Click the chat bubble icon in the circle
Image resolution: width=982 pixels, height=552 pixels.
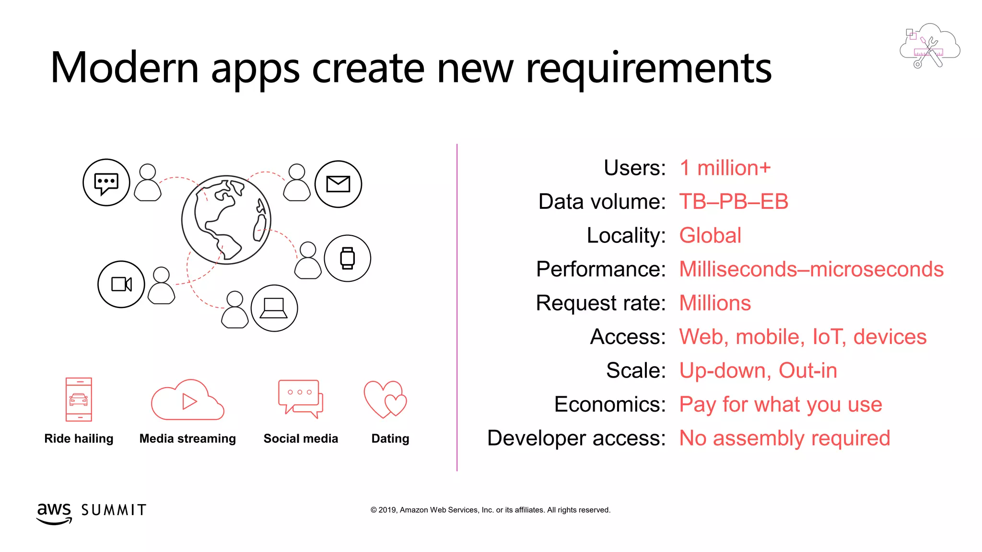pyautogui.click(x=106, y=183)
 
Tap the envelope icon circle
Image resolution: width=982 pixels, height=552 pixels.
pyautogui.click(x=338, y=184)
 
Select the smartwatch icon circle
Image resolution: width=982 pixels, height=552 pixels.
pyautogui.click(x=347, y=258)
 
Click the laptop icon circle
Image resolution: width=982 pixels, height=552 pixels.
pyautogui.click(x=274, y=308)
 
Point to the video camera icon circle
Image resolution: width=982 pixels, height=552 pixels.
pyautogui.click(x=121, y=284)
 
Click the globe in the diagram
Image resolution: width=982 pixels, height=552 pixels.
pyautogui.click(x=226, y=219)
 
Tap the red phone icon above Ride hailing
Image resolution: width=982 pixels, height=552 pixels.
pyautogui.click(x=79, y=399)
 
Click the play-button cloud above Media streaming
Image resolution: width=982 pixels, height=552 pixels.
pyautogui.click(x=187, y=401)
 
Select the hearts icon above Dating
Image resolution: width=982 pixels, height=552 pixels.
pyautogui.click(x=385, y=399)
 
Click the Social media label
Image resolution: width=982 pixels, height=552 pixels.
pyautogui.click(x=301, y=438)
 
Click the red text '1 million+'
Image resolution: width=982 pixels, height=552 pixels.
pyautogui.click(x=725, y=168)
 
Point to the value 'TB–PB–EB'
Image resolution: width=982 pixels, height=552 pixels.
pyautogui.click(x=733, y=202)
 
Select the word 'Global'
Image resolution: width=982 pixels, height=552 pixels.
pyautogui.click(x=710, y=236)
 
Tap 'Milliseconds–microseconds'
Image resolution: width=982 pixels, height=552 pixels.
pyautogui.click(x=811, y=269)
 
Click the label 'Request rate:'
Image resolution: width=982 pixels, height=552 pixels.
pyautogui.click(x=600, y=303)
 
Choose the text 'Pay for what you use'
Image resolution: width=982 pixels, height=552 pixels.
pyautogui.click(x=780, y=405)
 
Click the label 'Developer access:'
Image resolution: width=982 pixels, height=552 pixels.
pyautogui.click(x=576, y=438)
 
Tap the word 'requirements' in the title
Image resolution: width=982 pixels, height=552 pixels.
pyautogui.click(x=648, y=68)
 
